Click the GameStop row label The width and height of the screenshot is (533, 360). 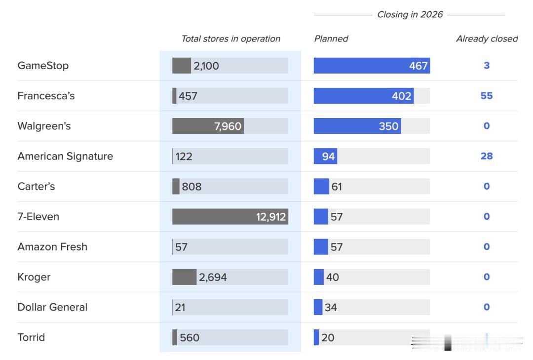coord(43,66)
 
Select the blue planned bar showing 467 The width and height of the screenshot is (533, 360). coord(371,66)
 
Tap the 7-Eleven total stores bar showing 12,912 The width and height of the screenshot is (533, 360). coord(230,217)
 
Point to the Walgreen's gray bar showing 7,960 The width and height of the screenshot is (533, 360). coord(208,126)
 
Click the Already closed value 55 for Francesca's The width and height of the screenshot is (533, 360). coord(487,96)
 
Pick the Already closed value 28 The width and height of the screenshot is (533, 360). coord(487,156)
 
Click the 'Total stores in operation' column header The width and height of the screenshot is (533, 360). coord(230,39)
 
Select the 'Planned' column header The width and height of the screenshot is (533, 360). coord(331,39)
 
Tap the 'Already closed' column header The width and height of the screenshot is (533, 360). coord(487,39)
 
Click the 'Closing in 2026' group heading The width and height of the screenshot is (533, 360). coord(410,15)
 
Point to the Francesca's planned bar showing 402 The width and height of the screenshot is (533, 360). coord(363,96)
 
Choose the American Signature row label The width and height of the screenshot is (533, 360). coord(65,156)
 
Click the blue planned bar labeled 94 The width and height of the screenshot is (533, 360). coord(325,157)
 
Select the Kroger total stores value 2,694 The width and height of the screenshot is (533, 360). coord(213,278)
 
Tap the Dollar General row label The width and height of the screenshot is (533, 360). coord(52,307)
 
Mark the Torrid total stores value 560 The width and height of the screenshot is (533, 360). coord(190,338)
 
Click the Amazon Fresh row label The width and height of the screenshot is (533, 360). coord(52,247)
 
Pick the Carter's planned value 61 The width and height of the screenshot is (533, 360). coord(337,187)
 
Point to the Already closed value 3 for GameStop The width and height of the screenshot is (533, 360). coord(487,66)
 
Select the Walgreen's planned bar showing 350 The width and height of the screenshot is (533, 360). coord(357,126)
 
